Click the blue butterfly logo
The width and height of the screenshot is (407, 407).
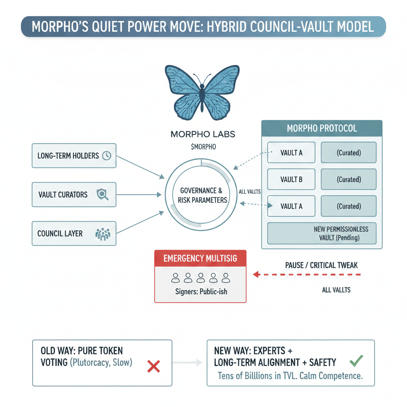[x=202, y=90]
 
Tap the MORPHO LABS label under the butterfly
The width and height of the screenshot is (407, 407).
[x=203, y=134]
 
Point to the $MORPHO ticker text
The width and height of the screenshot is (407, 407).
[x=203, y=147]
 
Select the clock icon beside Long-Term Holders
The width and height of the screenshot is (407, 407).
[x=106, y=156]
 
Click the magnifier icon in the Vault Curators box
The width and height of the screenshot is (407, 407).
[x=102, y=195]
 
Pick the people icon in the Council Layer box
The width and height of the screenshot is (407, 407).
[x=102, y=234]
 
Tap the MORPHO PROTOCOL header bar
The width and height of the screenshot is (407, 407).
[x=322, y=129]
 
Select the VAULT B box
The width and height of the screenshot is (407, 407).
[x=291, y=179]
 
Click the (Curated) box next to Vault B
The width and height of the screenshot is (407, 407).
[x=349, y=179]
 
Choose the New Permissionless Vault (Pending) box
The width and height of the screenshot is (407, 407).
[x=322, y=234]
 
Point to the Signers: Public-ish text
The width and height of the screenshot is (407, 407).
[x=201, y=291]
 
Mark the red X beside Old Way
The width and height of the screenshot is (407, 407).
[x=153, y=366]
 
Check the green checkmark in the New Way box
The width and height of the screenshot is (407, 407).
[x=356, y=360]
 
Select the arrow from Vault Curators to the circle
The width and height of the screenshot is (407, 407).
[x=137, y=195]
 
